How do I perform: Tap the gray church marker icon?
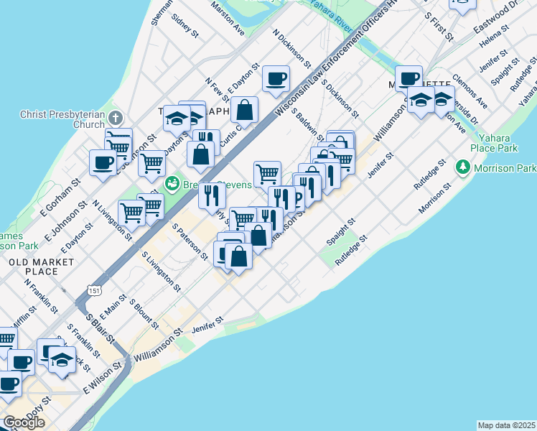(117, 117)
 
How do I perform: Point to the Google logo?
(24, 422)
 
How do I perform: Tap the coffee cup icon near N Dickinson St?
(276, 78)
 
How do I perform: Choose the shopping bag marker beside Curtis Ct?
(244, 110)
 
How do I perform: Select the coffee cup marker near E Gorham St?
(103, 162)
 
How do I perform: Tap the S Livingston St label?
(161, 272)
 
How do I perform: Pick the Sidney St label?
(185, 22)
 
